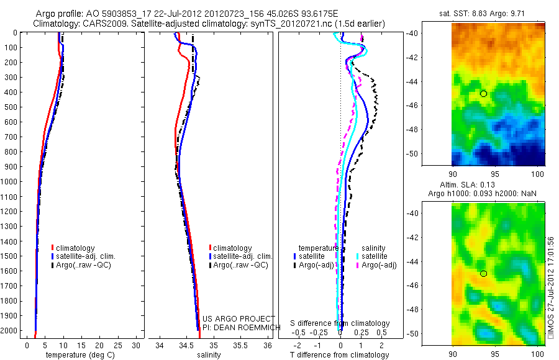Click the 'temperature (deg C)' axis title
[x=78, y=354]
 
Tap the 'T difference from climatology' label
[x=340, y=355]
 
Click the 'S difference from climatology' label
[x=340, y=323]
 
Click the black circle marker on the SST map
[x=483, y=94]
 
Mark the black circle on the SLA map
[x=483, y=274]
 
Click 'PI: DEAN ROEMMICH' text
[x=239, y=326]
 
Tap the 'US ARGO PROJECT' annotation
[x=239, y=318]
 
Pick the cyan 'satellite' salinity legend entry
[x=374, y=256]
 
